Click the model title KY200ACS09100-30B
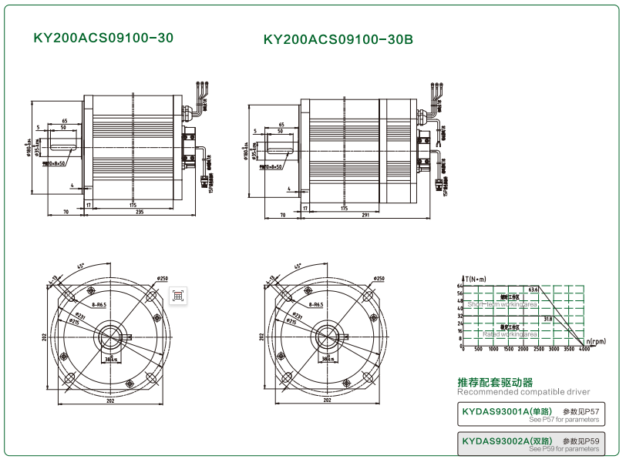[338, 39]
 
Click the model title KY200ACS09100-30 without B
[103, 37]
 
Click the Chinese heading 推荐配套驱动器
[495, 382]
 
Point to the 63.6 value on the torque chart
[533, 289]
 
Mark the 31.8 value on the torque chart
[547, 318]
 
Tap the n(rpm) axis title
[595, 340]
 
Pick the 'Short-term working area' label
[503, 304]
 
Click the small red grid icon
[177, 295]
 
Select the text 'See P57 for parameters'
[564, 420]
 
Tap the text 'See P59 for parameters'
[564, 448]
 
